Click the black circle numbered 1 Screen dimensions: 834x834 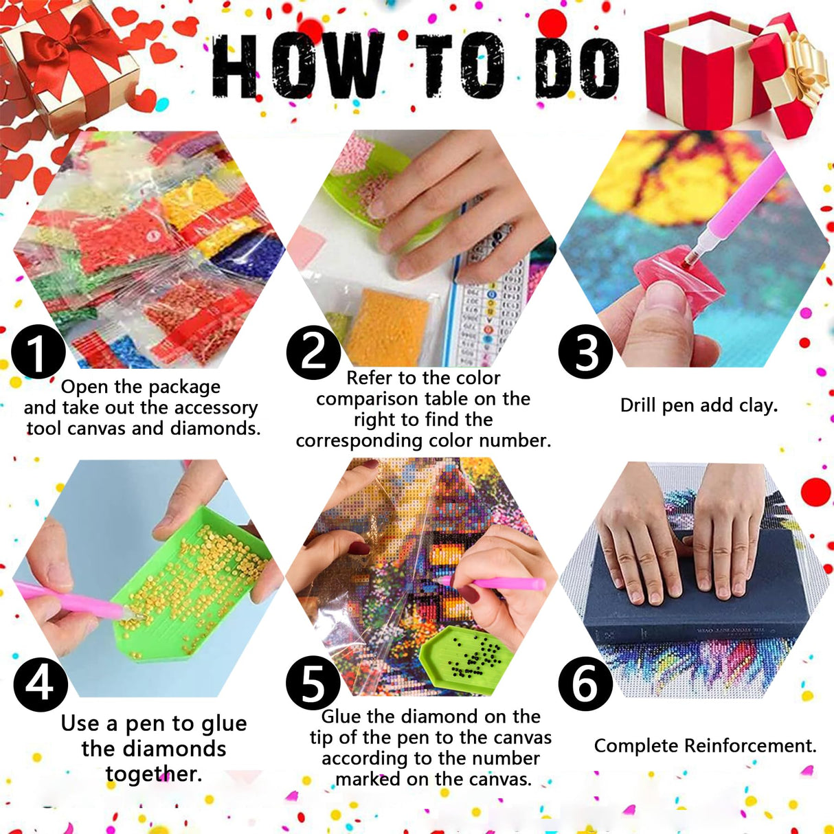(38, 351)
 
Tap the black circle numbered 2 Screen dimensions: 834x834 (313, 351)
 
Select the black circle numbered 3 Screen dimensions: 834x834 (585, 351)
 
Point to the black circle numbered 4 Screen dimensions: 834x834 (40, 684)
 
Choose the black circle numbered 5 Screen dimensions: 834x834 (313, 684)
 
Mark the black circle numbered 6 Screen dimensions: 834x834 (585, 684)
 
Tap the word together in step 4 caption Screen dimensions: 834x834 (153, 774)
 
